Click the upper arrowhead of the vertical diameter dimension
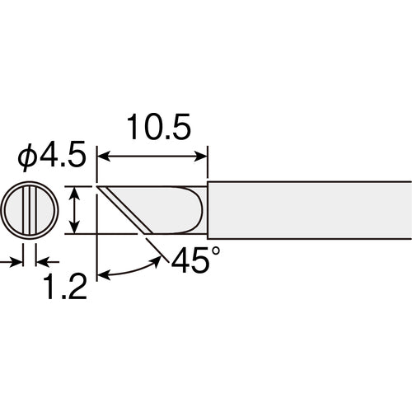click(x=75, y=191)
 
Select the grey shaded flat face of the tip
click(x=161, y=210)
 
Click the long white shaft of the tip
click(x=309, y=210)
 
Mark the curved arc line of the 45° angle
click(x=132, y=270)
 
